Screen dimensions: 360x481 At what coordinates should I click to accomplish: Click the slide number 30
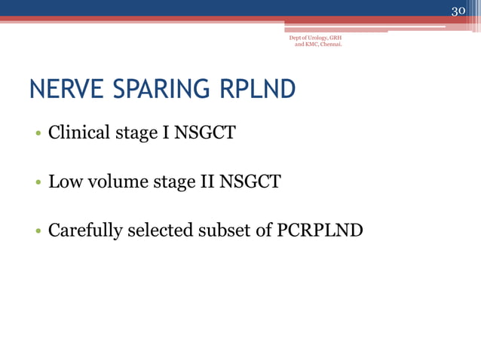tap(459, 11)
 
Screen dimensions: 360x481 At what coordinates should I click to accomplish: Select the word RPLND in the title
tap(257, 90)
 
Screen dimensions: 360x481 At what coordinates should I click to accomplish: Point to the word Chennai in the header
tap(329, 44)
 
